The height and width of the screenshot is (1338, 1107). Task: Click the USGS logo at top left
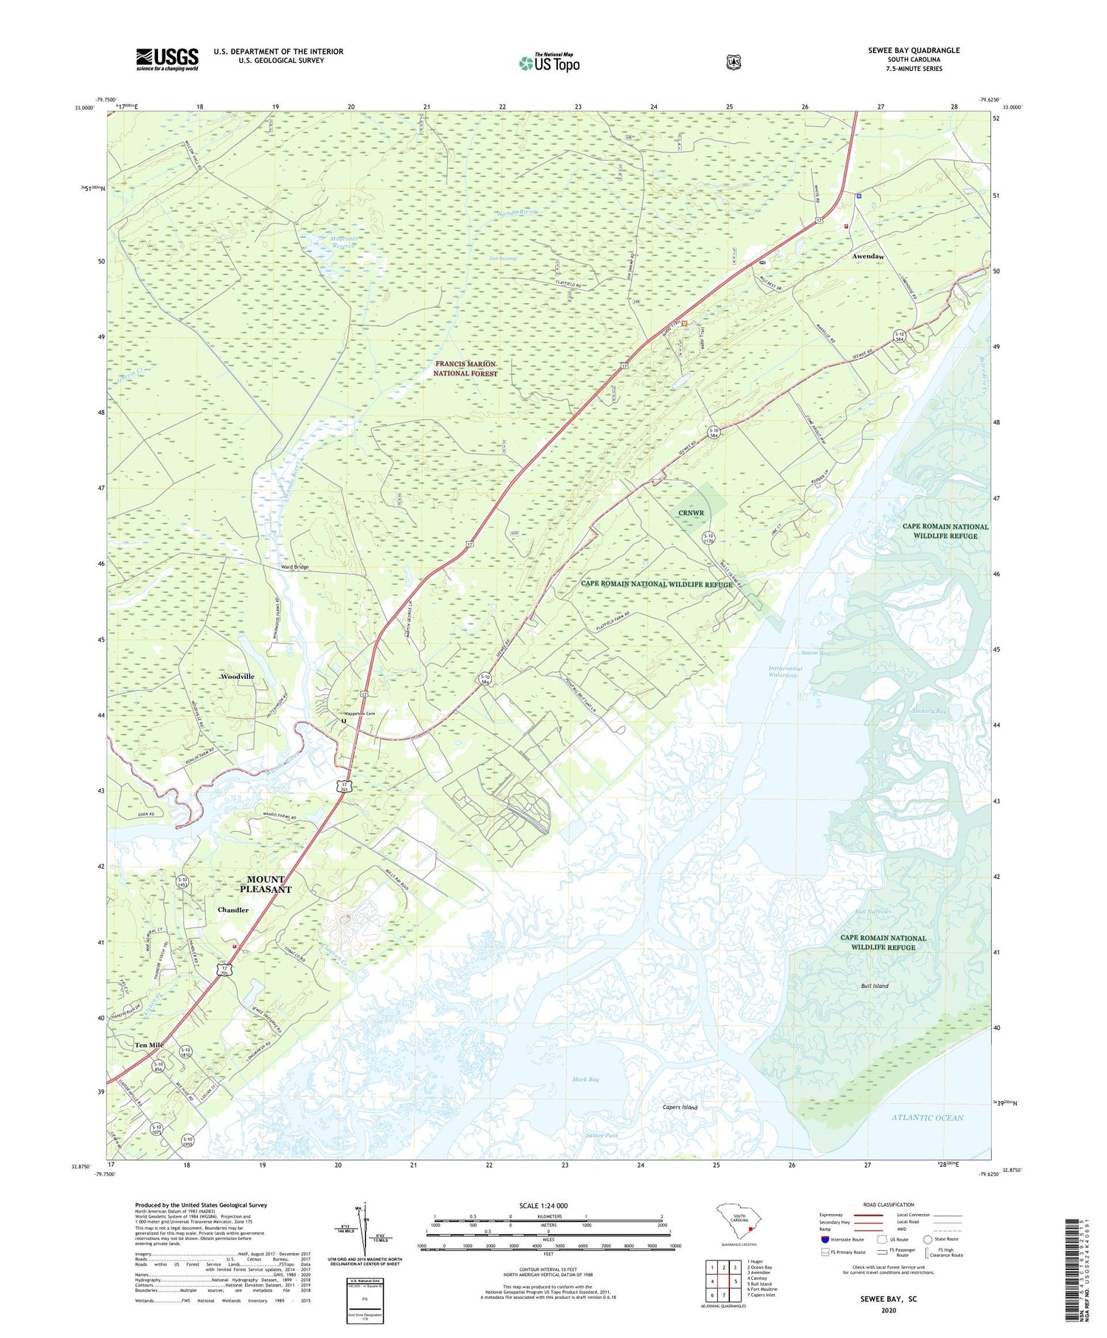click(167, 59)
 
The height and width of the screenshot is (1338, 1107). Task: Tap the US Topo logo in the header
click(549, 63)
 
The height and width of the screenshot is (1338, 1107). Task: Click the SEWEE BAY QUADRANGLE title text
click(914, 50)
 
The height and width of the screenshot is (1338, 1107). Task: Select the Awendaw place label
click(868, 256)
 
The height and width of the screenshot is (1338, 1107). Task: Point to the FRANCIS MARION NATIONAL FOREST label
click(465, 369)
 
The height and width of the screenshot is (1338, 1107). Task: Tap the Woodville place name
click(238, 676)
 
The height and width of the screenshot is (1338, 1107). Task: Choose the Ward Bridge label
click(294, 567)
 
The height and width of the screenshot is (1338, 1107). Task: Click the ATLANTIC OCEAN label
click(927, 1117)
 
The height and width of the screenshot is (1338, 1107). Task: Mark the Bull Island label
click(875, 986)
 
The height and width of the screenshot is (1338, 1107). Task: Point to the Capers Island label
click(680, 1107)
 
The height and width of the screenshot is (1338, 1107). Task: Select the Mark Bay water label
click(585, 1079)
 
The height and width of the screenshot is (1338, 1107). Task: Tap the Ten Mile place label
click(149, 1045)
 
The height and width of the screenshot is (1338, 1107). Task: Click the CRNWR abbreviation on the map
click(691, 513)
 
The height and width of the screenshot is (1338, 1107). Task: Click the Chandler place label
click(233, 910)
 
